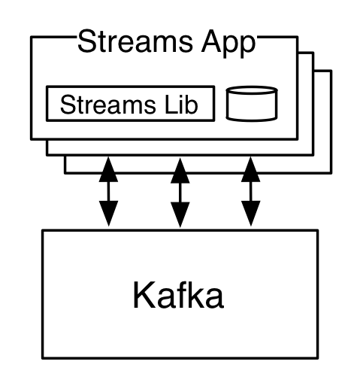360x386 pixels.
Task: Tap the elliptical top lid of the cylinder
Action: pos(252,93)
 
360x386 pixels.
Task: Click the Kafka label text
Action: pos(178,295)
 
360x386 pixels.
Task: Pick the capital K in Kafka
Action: pos(142,295)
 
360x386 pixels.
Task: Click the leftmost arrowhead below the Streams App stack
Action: pos(109,165)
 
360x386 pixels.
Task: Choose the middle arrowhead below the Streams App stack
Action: pos(180,165)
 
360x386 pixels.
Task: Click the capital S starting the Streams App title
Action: pos(86,42)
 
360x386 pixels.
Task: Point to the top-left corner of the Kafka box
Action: pos(44,233)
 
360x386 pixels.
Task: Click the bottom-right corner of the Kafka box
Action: pos(316,355)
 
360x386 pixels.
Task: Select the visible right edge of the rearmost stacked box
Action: pos(329,120)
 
